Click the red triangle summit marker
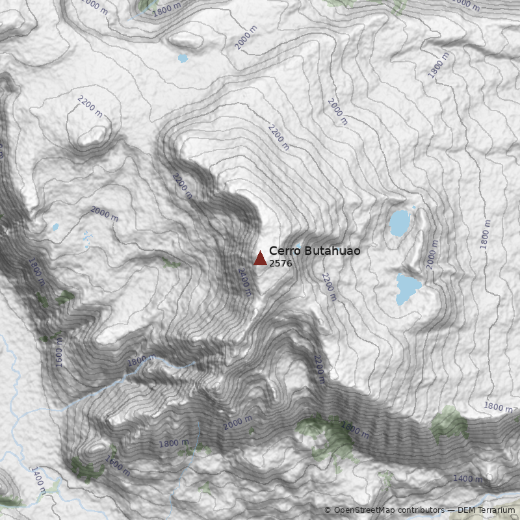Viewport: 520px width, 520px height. point(260,259)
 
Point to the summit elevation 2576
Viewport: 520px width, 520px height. point(280,264)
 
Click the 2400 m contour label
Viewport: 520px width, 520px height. point(244,281)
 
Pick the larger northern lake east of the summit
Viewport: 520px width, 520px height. point(400,223)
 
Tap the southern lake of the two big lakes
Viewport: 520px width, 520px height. point(408,288)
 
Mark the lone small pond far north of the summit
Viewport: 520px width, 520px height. point(183,58)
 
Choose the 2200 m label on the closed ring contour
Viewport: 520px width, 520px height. point(90,106)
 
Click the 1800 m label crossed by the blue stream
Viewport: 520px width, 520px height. point(141,359)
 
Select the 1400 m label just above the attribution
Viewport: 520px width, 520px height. point(468,479)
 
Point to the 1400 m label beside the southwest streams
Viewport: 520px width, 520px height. point(38,480)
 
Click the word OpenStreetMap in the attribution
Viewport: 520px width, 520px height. point(366,510)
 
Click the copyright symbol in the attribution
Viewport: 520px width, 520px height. point(328,510)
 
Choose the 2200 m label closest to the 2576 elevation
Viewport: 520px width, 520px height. point(329,287)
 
